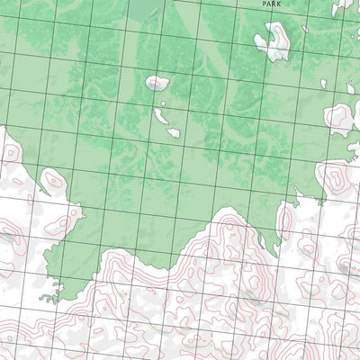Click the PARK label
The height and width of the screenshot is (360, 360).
[271, 4]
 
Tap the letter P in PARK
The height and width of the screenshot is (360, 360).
[264, 4]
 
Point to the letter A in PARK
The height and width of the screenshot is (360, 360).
[268, 4]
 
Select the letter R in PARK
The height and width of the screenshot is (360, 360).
[274, 4]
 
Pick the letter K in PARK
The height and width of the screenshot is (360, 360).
[279, 4]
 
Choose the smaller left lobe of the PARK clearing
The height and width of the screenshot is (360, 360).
[263, 41]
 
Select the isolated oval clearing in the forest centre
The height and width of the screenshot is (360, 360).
[158, 83]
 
